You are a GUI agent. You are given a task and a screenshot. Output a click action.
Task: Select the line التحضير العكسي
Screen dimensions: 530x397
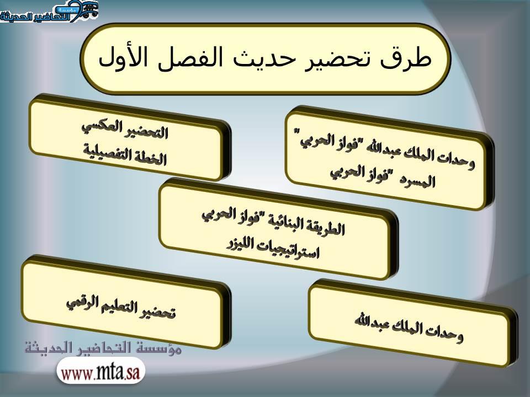(125, 129)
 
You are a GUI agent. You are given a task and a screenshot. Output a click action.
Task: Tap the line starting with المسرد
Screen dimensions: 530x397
(383, 176)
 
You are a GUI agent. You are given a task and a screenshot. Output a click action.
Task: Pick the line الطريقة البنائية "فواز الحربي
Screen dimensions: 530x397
(273, 222)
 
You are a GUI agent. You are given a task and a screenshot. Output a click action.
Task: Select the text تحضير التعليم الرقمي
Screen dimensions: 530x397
(121, 307)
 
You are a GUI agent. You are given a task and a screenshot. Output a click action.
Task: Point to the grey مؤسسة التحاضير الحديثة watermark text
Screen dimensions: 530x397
(103, 348)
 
